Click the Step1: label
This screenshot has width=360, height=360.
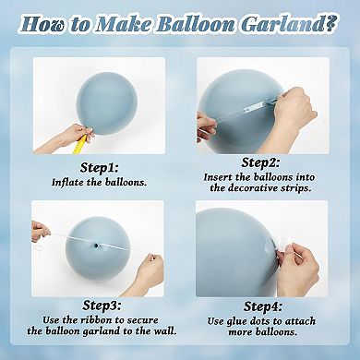click(x=99, y=169)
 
